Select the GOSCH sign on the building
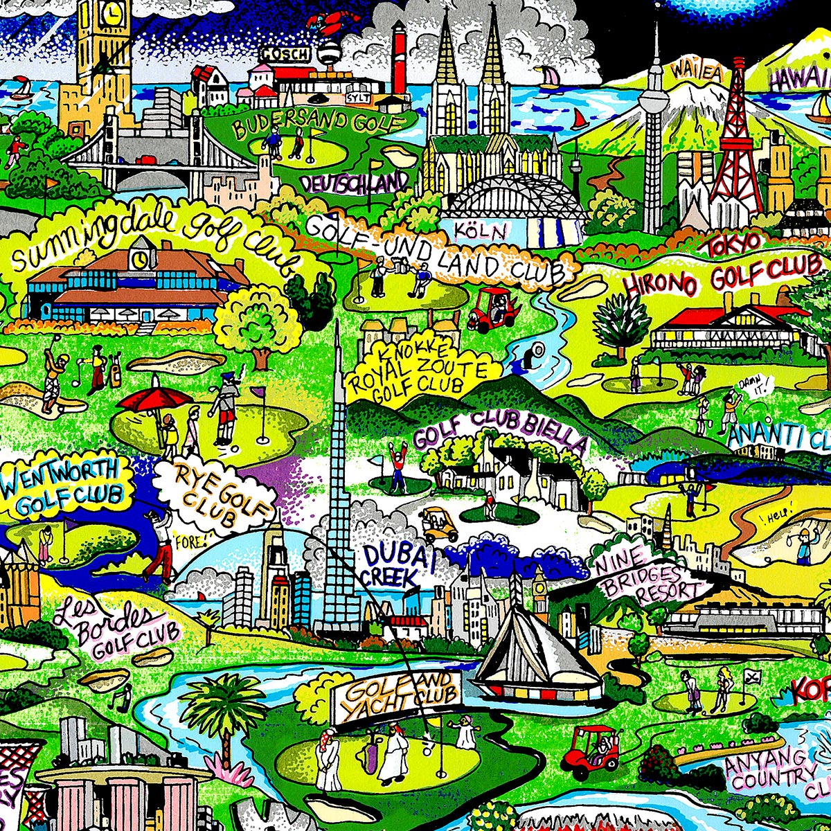(283, 53)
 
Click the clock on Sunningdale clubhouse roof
(141, 258)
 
